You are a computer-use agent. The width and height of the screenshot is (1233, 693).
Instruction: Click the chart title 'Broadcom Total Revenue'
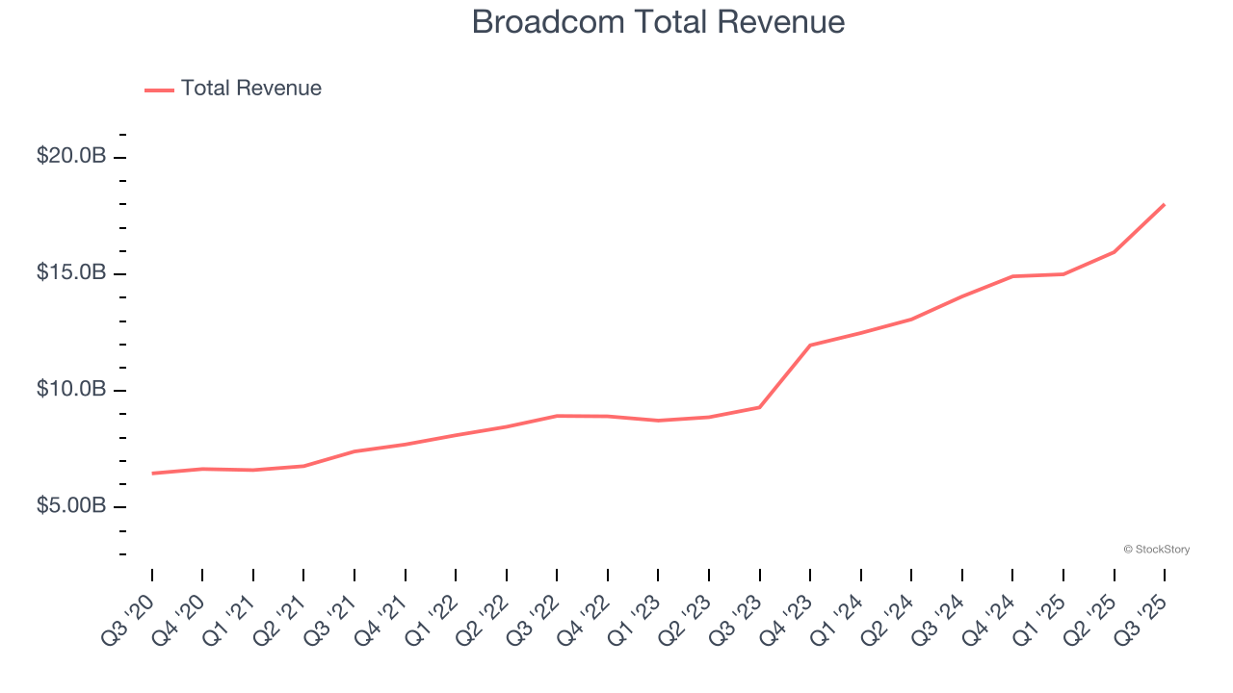point(658,22)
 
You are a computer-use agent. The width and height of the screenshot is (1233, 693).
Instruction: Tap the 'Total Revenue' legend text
point(250,89)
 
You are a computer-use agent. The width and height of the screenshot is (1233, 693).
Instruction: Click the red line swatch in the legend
point(159,90)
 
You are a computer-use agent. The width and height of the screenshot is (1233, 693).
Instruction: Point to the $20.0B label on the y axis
point(71,156)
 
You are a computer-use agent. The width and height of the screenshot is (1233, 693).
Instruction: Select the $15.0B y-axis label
point(71,272)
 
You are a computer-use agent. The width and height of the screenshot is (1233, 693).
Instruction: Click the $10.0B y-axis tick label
point(71,389)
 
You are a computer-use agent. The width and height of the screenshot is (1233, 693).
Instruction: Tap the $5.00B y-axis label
point(71,505)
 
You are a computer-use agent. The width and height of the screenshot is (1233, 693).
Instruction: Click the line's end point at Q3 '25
point(1165,204)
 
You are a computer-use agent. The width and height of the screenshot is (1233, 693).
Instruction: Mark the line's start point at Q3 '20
point(152,474)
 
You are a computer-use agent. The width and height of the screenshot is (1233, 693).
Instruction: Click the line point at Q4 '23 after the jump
point(810,345)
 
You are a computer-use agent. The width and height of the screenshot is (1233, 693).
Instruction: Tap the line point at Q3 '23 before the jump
point(760,407)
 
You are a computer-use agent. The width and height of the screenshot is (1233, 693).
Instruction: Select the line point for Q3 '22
point(558,416)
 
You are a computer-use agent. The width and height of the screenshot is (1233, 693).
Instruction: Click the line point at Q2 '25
point(1115,252)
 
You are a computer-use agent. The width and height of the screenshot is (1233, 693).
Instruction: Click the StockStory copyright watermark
point(1156,550)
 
